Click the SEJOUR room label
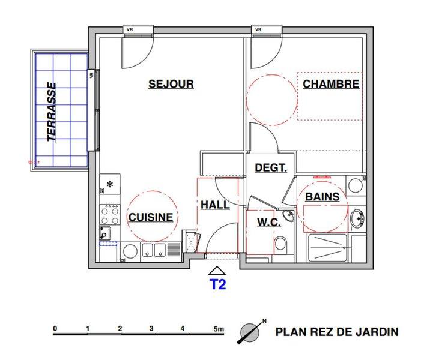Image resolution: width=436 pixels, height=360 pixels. (x=171, y=84)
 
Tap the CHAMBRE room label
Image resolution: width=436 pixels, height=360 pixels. (x=331, y=84)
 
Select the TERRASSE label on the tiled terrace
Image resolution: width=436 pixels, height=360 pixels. (x=52, y=112)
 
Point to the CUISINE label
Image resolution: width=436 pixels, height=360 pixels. (x=150, y=217)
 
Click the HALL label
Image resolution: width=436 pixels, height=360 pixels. (x=215, y=205)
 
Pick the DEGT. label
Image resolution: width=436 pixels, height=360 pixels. (x=271, y=168)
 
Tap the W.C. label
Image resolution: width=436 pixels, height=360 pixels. (x=268, y=223)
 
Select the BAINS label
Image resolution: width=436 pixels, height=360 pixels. (x=322, y=197)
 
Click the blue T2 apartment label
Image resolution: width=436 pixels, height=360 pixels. (x=217, y=284)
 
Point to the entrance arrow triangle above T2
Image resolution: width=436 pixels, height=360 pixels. (x=217, y=271)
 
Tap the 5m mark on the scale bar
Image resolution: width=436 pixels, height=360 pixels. (x=219, y=329)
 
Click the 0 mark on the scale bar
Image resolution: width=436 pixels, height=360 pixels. (x=55, y=329)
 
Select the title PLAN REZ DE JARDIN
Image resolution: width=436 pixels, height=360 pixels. (x=337, y=332)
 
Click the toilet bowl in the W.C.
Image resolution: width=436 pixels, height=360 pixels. (x=280, y=244)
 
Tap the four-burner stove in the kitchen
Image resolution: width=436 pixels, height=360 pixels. (x=110, y=214)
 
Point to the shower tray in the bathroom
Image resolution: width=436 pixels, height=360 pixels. (x=327, y=248)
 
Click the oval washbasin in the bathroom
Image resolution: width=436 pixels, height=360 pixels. (x=357, y=218)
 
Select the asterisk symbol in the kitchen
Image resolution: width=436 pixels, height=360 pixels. (x=110, y=184)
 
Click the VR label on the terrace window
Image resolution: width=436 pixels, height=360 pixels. (x=91, y=74)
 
